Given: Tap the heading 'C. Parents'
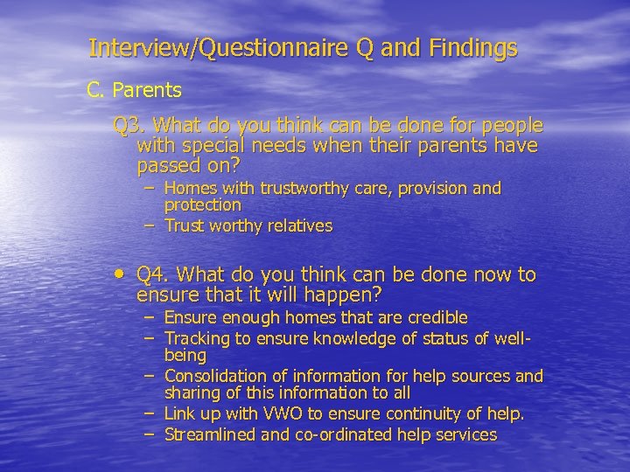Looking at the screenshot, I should pos(134,90).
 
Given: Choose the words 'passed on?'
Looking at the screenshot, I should pos(188,164).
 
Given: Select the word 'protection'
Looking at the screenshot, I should pos(202,205).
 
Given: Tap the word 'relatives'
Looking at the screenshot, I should pos(297,226).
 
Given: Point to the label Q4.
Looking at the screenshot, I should pos(155,275).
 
